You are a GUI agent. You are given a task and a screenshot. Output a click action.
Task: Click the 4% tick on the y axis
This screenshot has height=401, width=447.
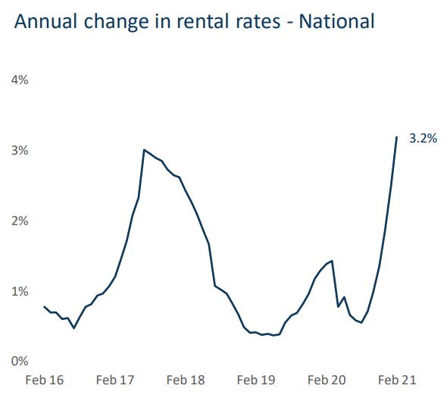[x=19, y=80]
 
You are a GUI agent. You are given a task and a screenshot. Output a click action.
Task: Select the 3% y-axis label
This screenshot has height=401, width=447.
[x=19, y=151]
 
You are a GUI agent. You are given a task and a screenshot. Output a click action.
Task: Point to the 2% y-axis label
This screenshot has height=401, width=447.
[x=19, y=221]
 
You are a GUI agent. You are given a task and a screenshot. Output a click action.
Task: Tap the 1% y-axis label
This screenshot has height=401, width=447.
[x=19, y=292]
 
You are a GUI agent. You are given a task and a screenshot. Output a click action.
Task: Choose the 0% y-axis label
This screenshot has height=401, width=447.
[x=19, y=362]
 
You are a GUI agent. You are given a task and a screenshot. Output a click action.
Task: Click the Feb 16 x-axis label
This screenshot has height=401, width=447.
[x=45, y=379]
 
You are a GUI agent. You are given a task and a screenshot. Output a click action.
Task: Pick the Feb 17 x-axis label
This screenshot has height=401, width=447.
[x=116, y=379]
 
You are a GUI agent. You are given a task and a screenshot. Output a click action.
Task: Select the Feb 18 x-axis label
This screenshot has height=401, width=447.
[x=186, y=379]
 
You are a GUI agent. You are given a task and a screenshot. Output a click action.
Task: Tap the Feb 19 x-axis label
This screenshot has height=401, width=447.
[x=257, y=379]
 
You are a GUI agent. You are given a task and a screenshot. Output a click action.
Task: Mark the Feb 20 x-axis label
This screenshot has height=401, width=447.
[x=327, y=379]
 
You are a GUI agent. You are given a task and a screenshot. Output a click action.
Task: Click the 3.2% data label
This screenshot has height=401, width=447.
[x=423, y=139]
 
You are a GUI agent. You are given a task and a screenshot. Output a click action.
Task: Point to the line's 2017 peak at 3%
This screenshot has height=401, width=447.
[x=144, y=150]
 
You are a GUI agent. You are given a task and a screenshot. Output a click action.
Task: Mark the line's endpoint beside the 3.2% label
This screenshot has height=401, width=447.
[x=397, y=137]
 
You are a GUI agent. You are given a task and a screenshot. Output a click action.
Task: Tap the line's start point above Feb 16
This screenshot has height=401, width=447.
[x=45, y=307]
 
